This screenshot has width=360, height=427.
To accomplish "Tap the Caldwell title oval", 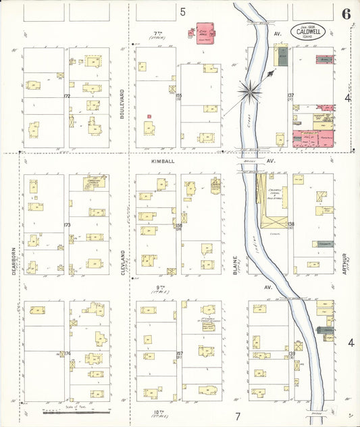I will click(308, 30).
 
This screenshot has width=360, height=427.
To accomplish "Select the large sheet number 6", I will click(346, 14).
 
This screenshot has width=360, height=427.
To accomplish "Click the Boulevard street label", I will click(123, 106).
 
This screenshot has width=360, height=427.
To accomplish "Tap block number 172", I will click(66, 96).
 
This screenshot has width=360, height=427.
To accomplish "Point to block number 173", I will click(66, 225).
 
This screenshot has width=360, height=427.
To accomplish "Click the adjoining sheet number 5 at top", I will click(182, 11).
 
